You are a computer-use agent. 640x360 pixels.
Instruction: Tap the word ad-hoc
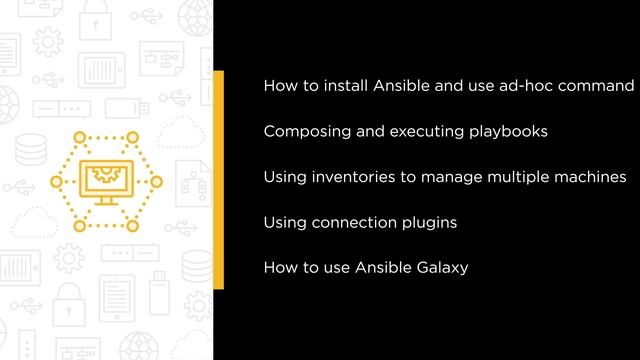[x=523, y=86]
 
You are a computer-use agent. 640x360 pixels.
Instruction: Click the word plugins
[x=429, y=222]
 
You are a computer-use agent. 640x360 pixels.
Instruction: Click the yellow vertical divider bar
[x=218, y=180]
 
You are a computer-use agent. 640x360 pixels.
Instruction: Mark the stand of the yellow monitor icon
[x=104, y=203]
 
